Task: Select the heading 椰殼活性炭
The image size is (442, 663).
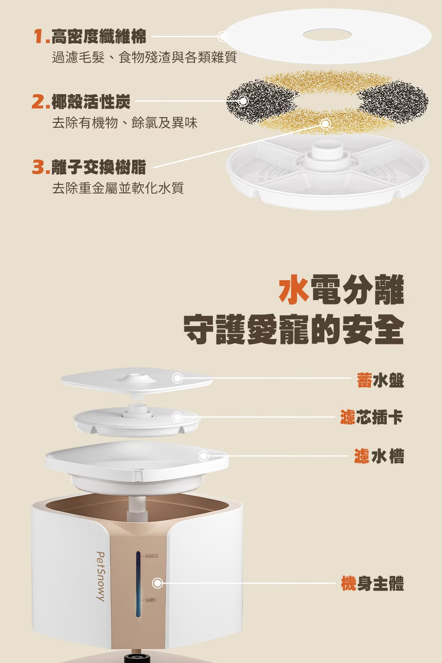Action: click(91, 102)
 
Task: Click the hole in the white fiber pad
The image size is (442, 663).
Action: click(327, 35)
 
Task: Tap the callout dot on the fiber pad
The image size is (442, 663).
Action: click(223, 37)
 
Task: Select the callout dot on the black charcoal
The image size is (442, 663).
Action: click(244, 101)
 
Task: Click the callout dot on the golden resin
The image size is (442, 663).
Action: click(325, 124)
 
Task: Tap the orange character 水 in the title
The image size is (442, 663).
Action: click(294, 289)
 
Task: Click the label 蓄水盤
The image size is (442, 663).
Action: click(380, 380)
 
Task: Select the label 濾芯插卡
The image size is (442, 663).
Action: click(372, 417)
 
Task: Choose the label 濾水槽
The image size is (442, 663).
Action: click(379, 456)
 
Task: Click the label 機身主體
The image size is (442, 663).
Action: click(373, 583)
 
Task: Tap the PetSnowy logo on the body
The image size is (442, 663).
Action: click(101, 576)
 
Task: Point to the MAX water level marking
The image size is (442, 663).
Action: click(151, 556)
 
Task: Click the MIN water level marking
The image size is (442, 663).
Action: click(150, 600)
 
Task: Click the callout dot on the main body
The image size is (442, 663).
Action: click(157, 583)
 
